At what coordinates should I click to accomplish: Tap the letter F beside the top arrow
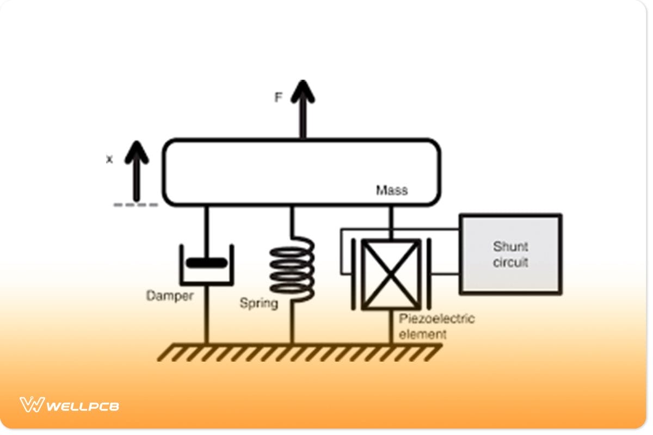coord(279,98)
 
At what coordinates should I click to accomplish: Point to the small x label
coord(109,160)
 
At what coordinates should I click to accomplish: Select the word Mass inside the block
coord(392,190)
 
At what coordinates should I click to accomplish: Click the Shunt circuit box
coord(510,254)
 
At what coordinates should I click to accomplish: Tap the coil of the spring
coord(292,271)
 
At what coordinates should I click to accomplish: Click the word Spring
coord(259,303)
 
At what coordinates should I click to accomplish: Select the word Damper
coord(170,296)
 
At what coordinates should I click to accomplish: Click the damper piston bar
coord(206,263)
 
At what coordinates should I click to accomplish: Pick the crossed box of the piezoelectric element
coord(391,274)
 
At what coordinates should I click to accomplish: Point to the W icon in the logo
coord(31,405)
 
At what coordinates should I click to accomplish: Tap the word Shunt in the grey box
coord(510,246)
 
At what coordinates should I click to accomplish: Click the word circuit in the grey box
coord(510,262)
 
